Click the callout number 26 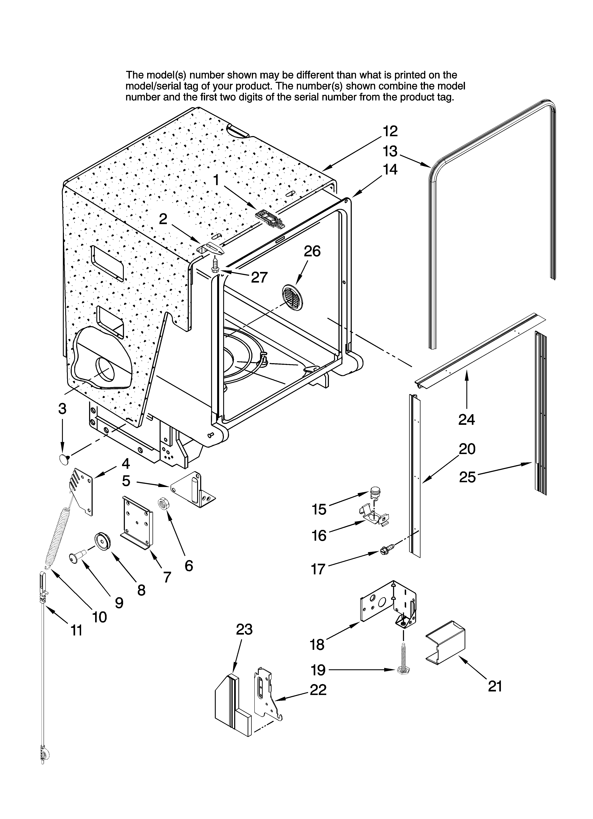pos(312,251)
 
